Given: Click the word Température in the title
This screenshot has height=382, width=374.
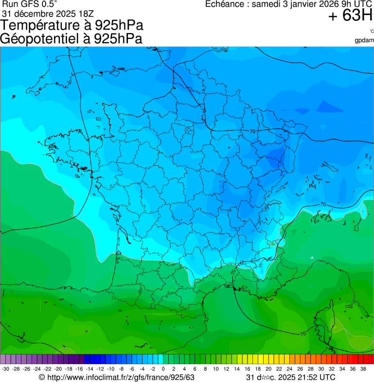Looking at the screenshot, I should coord(42,25).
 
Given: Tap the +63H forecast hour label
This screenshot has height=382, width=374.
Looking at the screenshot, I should coord(350,16).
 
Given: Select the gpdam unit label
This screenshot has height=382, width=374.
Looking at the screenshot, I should coord(364,40).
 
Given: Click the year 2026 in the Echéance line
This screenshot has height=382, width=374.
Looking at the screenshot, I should coord(316,4).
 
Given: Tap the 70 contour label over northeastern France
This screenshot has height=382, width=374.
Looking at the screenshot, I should coord(252,131).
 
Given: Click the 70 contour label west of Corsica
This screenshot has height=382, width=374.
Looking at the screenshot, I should coord(303,334).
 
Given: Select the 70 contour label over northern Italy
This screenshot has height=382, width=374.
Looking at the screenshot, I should coord(323,205).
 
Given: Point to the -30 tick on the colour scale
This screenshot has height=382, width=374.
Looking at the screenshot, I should coord(5,369).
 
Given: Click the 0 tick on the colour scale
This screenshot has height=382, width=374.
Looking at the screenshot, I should coord(163,369).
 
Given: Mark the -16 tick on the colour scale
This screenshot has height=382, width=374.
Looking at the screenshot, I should coord(79,369).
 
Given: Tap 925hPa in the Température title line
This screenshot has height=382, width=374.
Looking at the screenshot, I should coord(119,25).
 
